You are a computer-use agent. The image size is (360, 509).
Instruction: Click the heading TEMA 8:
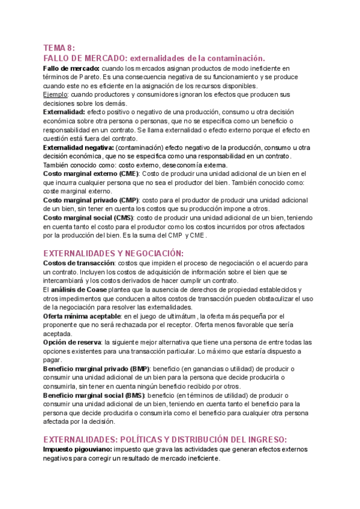59,48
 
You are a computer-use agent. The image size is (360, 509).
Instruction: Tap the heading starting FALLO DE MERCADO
154,58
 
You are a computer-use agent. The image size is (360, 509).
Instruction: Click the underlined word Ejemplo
55,94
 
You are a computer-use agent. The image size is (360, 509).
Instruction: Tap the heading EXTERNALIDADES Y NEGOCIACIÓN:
114,253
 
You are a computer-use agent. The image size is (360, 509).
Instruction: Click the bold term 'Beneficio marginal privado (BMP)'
97,369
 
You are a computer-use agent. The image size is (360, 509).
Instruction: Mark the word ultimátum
179,316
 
